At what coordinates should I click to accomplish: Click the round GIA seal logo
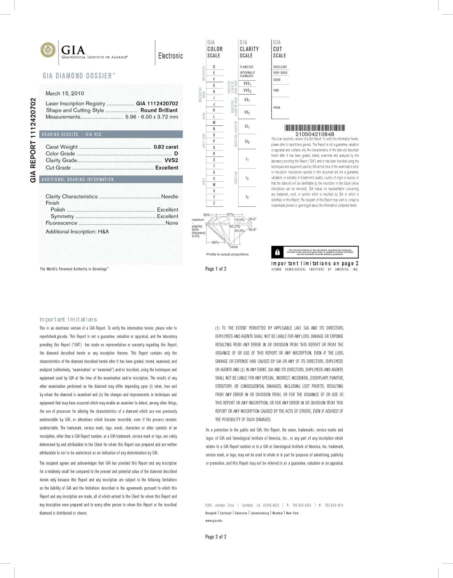48,50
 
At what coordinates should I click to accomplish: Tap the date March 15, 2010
65,94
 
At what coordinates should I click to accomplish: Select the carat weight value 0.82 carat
166,147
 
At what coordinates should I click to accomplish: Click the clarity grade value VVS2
171,160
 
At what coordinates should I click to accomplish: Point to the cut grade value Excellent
167,168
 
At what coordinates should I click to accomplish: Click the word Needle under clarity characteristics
170,196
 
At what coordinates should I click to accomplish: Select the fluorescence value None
172,223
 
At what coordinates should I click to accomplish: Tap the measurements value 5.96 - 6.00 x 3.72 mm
152,117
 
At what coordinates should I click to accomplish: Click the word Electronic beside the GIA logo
170,56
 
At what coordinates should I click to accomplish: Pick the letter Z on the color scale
214,203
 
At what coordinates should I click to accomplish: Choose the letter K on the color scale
214,110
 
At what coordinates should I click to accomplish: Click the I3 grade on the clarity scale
247,197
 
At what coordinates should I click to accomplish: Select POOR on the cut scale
277,108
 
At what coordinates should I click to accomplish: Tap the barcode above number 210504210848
315,128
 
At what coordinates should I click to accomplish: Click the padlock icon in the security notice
277,253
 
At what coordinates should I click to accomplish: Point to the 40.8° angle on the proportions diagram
252,230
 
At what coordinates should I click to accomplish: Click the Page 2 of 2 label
216,537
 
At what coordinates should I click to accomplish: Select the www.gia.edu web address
214,520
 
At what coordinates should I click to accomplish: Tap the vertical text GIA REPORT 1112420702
33,140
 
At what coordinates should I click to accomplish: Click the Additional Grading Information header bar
111,179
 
